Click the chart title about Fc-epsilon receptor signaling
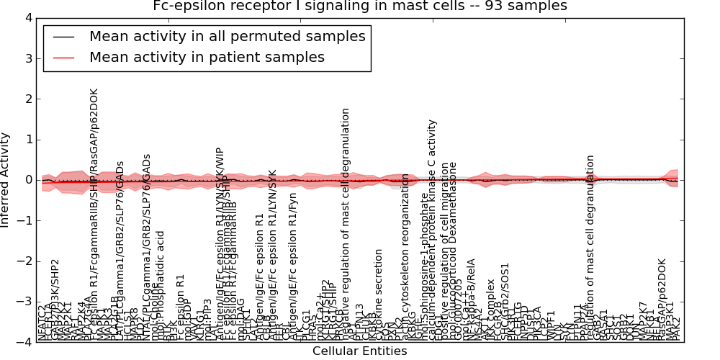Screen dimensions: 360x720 [x=360, y=6]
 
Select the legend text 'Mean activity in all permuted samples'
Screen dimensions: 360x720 [x=227, y=36]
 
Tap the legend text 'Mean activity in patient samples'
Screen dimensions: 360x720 [x=207, y=57]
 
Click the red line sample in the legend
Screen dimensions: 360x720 [x=64, y=58]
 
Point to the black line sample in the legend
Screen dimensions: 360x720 [x=64, y=37]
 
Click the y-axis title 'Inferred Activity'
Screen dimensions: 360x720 [x=6, y=180]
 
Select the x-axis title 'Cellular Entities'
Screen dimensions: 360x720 [x=359, y=351]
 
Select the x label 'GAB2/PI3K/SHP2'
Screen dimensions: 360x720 [x=55, y=299]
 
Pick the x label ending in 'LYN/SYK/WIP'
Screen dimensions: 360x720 [x=220, y=245]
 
